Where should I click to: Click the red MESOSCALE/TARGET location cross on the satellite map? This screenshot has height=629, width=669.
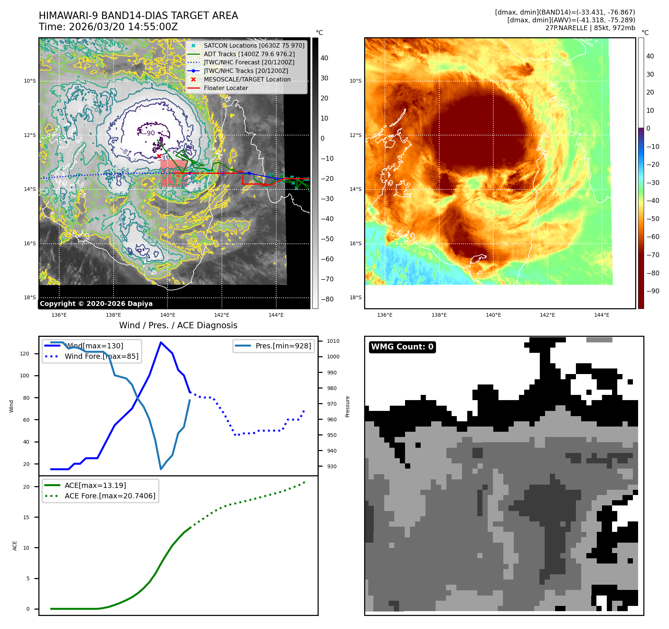(x=159, y=156)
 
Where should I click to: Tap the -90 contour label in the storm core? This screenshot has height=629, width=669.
(x=150, y=133)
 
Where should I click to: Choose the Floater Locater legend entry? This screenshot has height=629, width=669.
(x=226, y=88)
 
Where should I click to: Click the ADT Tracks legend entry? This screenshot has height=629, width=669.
(x=249, y=54)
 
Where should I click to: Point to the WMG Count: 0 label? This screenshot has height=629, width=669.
(x=402, y=347)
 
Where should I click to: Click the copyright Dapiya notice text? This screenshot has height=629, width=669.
(x=96, y=304)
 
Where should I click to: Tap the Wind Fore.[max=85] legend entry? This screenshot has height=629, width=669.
(x=101, y=356)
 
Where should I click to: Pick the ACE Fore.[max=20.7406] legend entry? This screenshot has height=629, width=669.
(x=110, y=496)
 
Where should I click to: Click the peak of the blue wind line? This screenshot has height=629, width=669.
(x=160, y=342)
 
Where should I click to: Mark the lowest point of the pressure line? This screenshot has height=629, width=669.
(x=160, y=469)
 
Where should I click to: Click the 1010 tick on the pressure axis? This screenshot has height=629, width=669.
(x=333, y=341)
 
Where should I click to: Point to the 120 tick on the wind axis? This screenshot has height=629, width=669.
(x=25, y=354)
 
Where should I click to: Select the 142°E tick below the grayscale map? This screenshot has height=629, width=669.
(x=222, y=315)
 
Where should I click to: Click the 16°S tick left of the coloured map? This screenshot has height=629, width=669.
(x=355, y=243)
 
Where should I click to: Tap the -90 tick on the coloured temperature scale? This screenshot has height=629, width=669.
(x=653, y=291)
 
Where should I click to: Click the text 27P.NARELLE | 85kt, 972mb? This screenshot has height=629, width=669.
(x=590, y=28)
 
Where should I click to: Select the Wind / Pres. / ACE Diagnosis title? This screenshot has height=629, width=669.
(x=178, y=325)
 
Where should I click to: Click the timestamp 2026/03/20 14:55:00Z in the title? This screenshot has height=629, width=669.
(x=123, y=27)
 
